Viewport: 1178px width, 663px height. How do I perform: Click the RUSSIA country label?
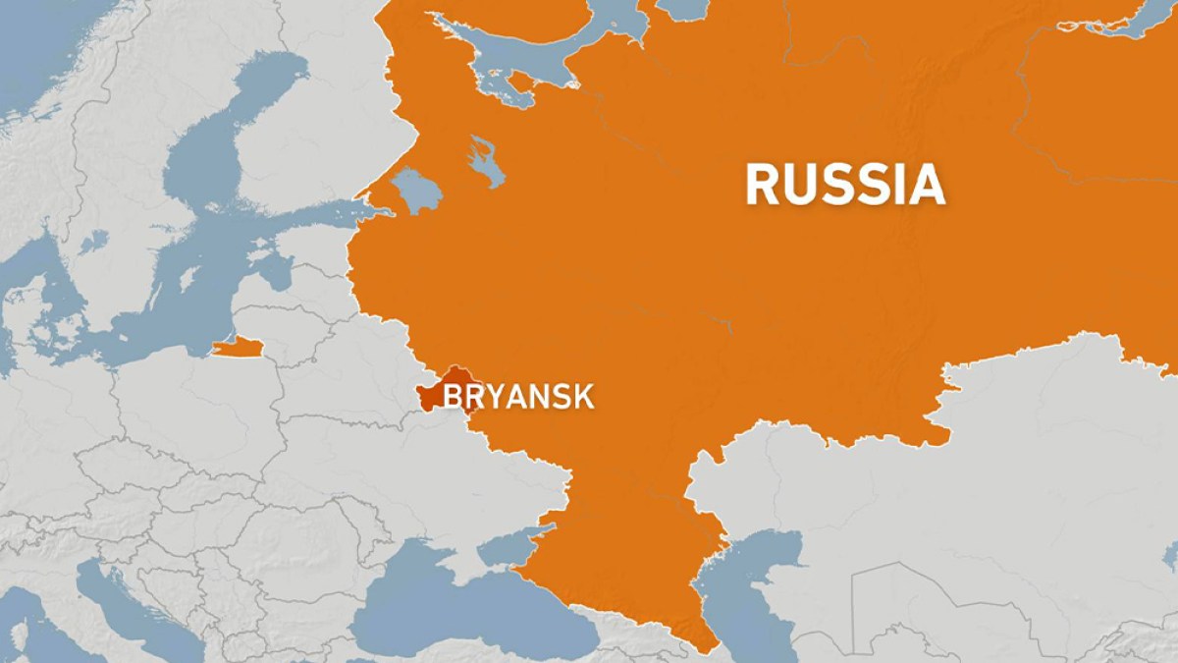click(x=844, y=185)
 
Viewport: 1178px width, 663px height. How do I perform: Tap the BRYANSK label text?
click(x=519, y=397)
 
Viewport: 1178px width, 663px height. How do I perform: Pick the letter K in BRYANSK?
click(x=583, y=397)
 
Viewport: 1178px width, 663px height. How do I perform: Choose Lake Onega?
click(x=485, y=162)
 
